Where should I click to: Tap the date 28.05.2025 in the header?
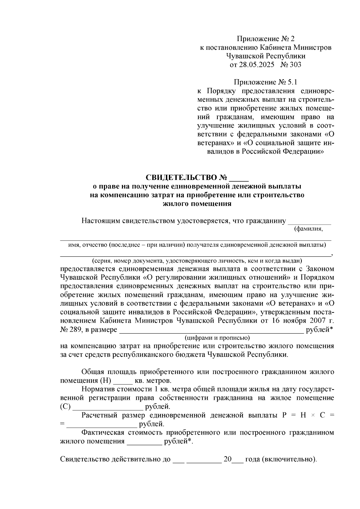click(x=256, y=64)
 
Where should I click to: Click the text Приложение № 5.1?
click(x=265, y=82)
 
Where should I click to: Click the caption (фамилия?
click(x=308, y=229)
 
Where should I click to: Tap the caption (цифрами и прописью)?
click(x=217, y=338)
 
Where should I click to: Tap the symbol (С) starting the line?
click(x=65, y=407)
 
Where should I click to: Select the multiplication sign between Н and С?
click(x=309, y=416)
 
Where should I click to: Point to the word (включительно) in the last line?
click(x=289, y=460)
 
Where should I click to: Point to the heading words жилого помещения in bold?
click(x=197, y=204)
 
